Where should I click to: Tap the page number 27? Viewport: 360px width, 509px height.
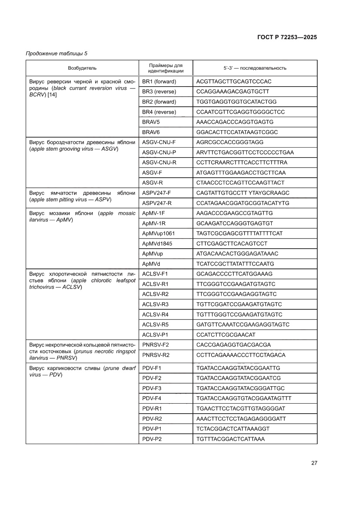(x=314, y=463)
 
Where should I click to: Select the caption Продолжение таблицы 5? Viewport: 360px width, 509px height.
(x=57, y=54)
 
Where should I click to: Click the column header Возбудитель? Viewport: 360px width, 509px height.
(x=82, y=68)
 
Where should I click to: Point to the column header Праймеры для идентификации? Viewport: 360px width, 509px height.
(x=165, y=68)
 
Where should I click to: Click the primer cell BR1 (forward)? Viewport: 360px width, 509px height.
(x=159, y=81)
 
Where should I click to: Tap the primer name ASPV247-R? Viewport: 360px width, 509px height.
(x=157, y=203)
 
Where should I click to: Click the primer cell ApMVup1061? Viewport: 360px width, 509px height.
(x=158, y=233)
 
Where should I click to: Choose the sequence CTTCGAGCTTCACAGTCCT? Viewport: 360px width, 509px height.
(x=232, y=243)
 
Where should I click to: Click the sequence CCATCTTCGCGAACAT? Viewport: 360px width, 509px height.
(x=225, y=335)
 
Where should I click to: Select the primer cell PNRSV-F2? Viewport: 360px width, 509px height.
(x=155, y=345)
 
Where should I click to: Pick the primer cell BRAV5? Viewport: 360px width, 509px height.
(x=151, y=122)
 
